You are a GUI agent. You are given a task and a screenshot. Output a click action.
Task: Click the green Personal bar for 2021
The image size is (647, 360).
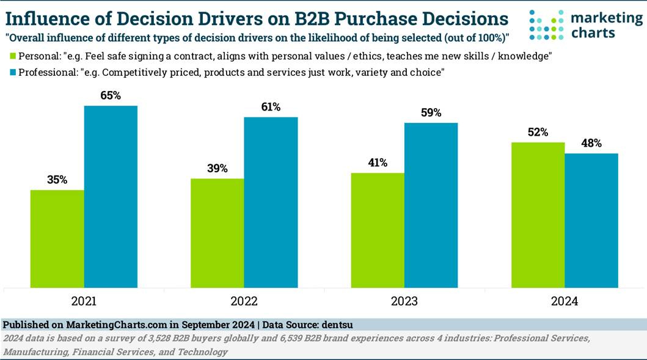[57, 238]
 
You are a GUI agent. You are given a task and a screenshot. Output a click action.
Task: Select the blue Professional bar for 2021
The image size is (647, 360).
[111, 196]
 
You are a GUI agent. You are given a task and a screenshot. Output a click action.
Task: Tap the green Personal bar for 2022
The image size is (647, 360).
[217, 232]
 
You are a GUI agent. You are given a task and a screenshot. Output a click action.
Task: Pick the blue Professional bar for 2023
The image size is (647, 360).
[431, 205]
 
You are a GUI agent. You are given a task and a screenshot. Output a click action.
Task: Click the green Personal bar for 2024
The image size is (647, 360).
[538, 214]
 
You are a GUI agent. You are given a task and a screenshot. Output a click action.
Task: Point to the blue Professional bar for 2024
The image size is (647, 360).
[591, 220]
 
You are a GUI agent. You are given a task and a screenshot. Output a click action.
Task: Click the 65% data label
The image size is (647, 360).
[111, 95]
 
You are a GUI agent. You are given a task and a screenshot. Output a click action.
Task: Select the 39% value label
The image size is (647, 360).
[217, 168]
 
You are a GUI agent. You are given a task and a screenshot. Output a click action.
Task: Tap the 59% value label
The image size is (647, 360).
[431, 112]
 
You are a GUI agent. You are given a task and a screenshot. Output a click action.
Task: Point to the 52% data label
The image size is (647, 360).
[538, 132]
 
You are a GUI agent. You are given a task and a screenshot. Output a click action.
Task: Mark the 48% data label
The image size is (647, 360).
[591, 143]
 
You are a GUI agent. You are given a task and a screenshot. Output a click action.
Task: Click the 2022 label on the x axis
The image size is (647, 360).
[244, 301]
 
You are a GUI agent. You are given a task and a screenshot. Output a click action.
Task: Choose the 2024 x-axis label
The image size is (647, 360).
[564, 301]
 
